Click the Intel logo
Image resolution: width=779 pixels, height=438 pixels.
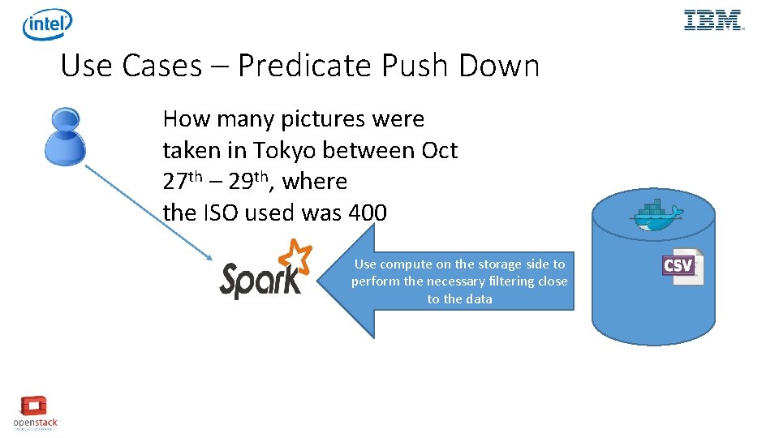click(x=47, y=24)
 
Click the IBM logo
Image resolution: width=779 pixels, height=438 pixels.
click(x=713, y=20)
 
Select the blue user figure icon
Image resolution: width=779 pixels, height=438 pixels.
click(x=64, y=136)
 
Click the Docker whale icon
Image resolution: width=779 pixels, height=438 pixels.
click(x=656, y=217)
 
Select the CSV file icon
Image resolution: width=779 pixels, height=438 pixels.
click(x=681, y=267)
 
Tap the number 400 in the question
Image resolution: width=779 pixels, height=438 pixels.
click(x=367, y=213)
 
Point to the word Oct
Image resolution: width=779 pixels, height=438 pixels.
click(x=439, y=151)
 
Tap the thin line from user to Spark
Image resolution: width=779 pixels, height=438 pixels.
click(x=146, y=211)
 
